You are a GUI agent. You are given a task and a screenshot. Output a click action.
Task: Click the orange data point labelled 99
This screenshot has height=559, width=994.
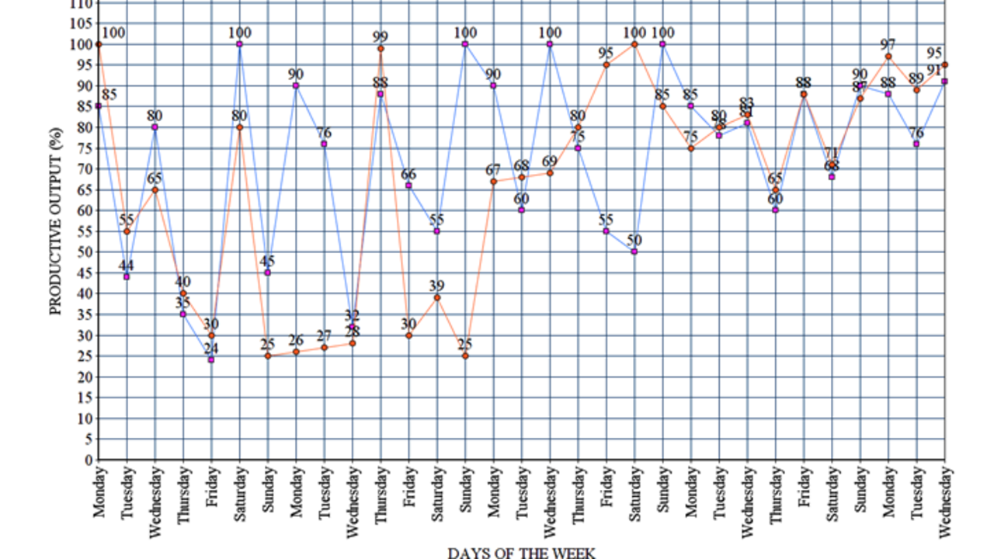tap(381, 49)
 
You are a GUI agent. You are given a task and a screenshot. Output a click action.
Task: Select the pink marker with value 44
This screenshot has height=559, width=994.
tap(127, 277)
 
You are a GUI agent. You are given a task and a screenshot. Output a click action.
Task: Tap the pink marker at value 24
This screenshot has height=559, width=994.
tap(211, 359)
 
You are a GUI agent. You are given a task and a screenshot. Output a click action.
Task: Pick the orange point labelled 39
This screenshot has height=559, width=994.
tap(437, 297)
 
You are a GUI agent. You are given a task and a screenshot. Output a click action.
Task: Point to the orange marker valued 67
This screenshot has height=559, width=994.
tap(493, 182)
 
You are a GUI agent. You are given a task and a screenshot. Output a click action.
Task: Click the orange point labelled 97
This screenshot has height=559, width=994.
tap(888, 57)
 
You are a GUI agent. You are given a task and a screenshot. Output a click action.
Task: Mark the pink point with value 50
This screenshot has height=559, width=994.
tap(634, 252)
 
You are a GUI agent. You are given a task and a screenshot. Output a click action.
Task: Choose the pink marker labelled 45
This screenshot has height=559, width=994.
tap(268, 273)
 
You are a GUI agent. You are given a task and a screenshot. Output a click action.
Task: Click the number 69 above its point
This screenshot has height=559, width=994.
tap(550, 161)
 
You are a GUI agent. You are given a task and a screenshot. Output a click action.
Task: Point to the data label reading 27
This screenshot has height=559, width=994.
tap(324, 335)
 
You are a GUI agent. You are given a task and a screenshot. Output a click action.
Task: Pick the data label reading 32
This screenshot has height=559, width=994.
tap(353, 315)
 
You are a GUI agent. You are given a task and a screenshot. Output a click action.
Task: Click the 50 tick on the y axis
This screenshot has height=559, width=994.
tap(85, 252)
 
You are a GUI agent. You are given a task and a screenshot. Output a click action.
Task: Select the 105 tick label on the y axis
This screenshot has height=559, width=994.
tap(82, 23)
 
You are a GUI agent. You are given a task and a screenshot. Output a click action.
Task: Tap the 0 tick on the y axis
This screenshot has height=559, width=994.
tap(89, 460)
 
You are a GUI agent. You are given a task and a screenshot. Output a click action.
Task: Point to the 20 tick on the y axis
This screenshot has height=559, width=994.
tap(85, 377)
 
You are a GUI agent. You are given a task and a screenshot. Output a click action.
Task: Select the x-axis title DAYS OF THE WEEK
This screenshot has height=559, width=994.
tap(521, 552)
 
